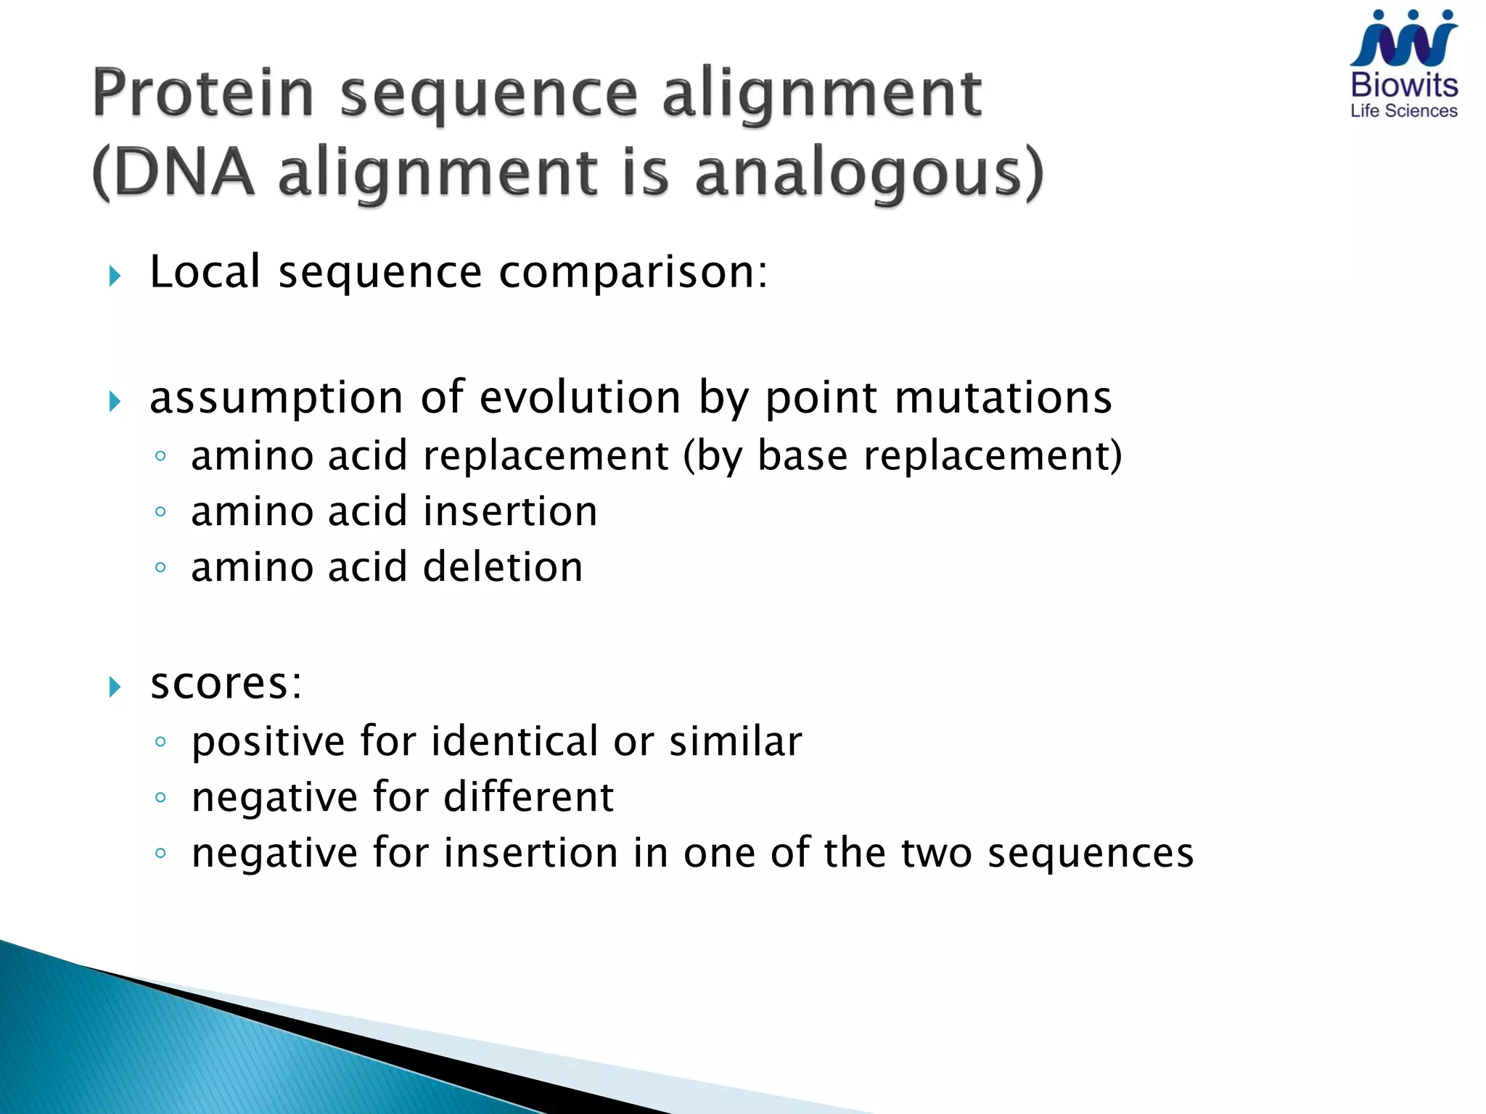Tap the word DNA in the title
(184, 174)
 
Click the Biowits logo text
(1404, 86)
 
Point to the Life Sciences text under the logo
(1404, 111)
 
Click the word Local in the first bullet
(205, 272)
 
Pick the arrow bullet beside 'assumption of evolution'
(115, 401)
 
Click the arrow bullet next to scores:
(115, 686)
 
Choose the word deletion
(503, 567)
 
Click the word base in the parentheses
(802, 456)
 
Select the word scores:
(226, 683)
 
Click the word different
(528, 797)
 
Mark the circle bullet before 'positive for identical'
(161, 742)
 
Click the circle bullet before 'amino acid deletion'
(161, 567)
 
